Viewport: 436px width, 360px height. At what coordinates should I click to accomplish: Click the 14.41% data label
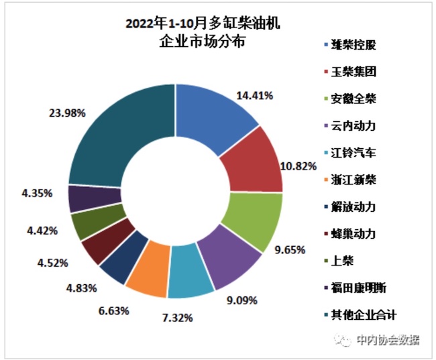[x=254, y=96]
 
